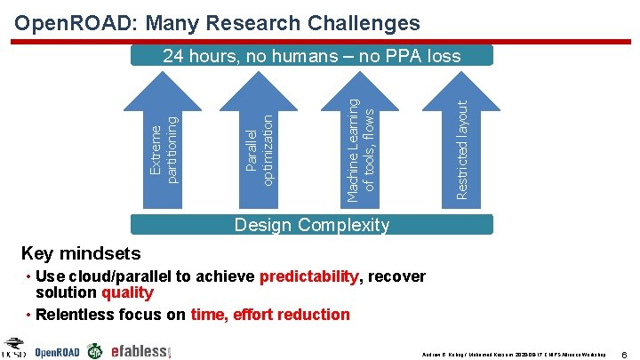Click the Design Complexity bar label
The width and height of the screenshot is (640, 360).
coord(311,224)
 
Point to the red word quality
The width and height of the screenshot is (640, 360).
coord(127,292)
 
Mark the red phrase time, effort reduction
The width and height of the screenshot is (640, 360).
coord(270,314)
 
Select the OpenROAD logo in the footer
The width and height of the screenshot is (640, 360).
coord(57,352)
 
